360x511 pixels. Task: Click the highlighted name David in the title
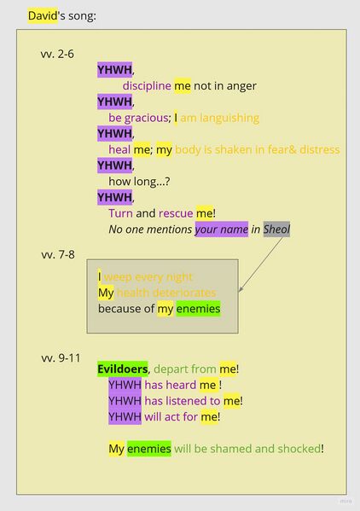click(x=43, y=15)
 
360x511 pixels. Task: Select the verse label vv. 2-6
click(x=57, y=54)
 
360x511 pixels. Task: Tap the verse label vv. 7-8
click(x=58, y=254)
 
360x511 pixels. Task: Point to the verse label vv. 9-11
click(x=61, y=357)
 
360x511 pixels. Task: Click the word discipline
click(x=147, y=85)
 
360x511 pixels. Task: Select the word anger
click(x=241, y=86)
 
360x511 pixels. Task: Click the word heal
click(x=119, y=149)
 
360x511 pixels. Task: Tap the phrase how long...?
click(x=139, y=182)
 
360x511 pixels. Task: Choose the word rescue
click(x=176, y=213)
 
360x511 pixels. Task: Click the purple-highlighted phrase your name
click(x=222, y=229)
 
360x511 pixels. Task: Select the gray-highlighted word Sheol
click(x=276, y=229)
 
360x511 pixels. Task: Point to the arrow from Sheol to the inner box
click(x=261, y=264)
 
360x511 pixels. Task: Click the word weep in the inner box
click(x=118, y=277)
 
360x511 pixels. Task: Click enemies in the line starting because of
click(x=199, y=309)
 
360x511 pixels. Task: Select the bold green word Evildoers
click(x=123, y=369)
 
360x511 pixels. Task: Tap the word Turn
click(x=120, y=213)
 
